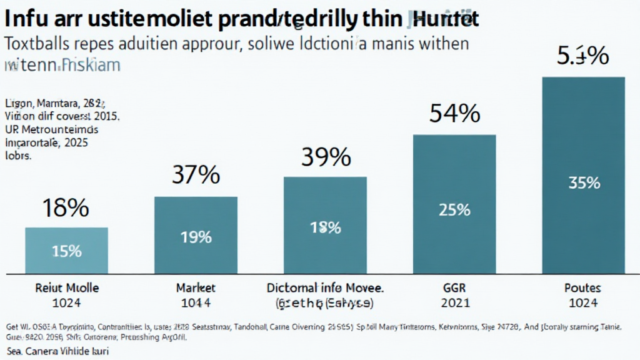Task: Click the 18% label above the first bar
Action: click(65, 208)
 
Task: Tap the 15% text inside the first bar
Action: click(66, 251)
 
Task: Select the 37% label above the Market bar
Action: click(195, 176)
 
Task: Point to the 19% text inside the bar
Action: click(195, 237)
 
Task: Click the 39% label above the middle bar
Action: click(325, 157)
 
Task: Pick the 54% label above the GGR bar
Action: click(454, 114)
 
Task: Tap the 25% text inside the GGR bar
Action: click(454, 209)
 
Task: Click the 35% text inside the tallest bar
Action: click(584, 183)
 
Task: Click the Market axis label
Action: click(196, 288)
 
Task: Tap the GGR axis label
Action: click(454, 288)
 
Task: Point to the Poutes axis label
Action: click(582, 288)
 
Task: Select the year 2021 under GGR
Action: click(454, 302)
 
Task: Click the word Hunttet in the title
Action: click(446, 19)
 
